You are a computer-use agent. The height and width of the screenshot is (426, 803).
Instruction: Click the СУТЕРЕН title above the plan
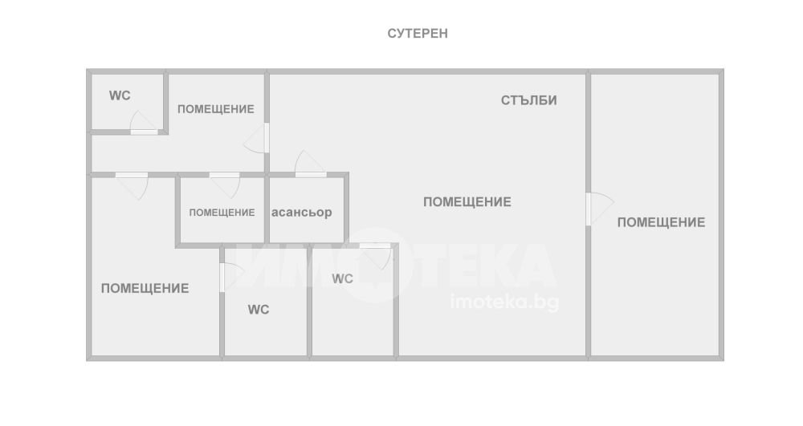click(x=418, y=34)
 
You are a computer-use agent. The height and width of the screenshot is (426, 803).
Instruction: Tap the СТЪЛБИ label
click(x=529, y=100)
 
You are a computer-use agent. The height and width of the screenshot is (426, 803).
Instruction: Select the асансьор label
click(x=302, y=213)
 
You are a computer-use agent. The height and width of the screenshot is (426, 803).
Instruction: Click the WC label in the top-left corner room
click(x=120, y=95)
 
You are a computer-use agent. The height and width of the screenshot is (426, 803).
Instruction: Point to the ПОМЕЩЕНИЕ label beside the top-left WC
click(x=215, y=109)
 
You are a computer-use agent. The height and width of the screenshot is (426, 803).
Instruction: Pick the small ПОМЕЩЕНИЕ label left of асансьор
click(x=222, y=213)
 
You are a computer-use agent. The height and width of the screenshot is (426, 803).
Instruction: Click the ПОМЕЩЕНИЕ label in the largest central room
click(x=467, y=202)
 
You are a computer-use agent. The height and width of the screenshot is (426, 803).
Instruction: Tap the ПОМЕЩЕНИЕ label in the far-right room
click(x=661, y=222)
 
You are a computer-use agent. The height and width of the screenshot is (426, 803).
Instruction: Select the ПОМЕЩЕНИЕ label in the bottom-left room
click(x=145, y=288)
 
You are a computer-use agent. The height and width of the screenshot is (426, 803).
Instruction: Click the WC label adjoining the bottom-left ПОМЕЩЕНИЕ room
click(x=259, y=310)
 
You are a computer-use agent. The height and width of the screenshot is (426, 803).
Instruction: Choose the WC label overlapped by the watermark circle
click(x=343, y=279)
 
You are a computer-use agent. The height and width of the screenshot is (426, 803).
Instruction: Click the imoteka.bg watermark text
click(x=505, y=302)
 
